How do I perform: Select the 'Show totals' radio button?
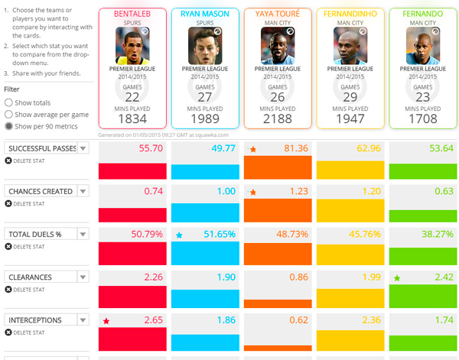pos(8,102)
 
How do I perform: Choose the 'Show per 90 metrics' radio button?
pos(8,126)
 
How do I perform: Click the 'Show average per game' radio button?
pos(8,115)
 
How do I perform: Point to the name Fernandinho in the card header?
pos(350,14)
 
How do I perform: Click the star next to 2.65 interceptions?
pos(106,321)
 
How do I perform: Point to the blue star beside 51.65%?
pos(179,235)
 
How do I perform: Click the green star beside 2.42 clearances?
pos(397,278)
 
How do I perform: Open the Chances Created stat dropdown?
pos(83,191)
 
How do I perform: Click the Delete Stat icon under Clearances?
pos(8,290)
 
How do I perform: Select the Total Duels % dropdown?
pos(83,234)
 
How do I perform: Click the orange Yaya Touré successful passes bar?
pos(277,167)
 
